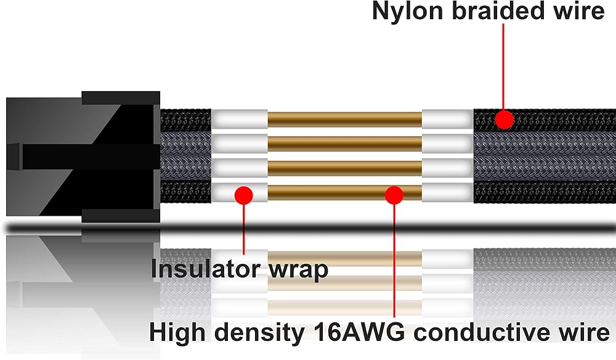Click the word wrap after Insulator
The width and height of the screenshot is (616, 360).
coord(298,271)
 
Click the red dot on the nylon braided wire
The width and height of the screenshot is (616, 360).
coord(504,120)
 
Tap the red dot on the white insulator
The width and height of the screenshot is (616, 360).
coord(243,195)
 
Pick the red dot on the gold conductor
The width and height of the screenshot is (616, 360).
coord(394,195)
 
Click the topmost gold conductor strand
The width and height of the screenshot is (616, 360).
coord(344,120)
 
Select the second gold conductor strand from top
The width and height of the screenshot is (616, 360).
coord(344,144)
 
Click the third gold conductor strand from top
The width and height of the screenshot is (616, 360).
coord(344,168)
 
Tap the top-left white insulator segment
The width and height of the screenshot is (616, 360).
coord(240,120)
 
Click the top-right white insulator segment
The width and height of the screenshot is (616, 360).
coord(448,120)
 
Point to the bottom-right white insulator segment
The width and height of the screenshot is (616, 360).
coord(448,192)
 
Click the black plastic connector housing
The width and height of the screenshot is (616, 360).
coord(83,157)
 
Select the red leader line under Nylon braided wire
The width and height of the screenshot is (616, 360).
coord(503,67)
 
